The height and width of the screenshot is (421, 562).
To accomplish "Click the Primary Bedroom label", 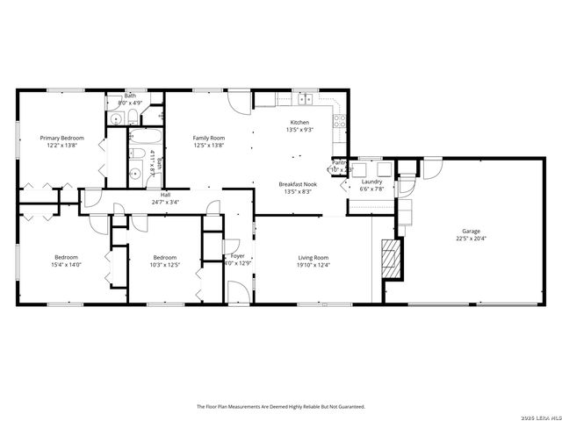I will pyautogui.click(x=61, y=138).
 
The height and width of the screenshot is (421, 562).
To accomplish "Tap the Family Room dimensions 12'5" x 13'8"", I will pyautogui.click(x=209, y=146).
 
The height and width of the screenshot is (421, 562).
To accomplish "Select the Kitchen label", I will pyautogui.click(x=299, y=122).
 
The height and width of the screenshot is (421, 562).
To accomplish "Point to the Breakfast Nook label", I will pyautogui.click(x=299, y=183).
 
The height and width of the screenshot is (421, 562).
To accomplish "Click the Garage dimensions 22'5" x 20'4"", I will pyautogui.click(x=472, y=238).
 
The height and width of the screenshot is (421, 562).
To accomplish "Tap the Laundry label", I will pyautogui.click(x=371, y=182).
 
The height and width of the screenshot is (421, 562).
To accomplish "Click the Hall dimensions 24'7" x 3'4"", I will pyautogui.click(x=165, y=202).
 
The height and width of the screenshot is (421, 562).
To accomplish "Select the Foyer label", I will pyautogui.click(x=237, y=255).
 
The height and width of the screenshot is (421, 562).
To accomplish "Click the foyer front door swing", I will pyautogui.click(x=238, y=292).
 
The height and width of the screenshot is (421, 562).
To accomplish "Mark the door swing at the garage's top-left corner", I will pyautogui.click(x=431, y=168).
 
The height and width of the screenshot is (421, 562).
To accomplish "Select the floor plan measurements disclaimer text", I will pyautogui.click(x=280, y=406).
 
